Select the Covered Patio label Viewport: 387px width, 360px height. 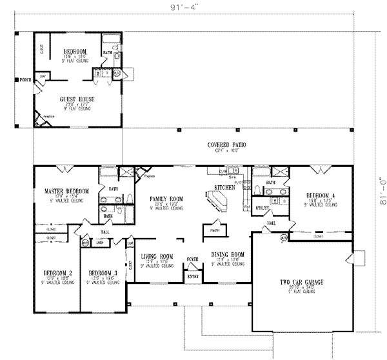(218, 145)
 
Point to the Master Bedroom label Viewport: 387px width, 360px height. (66, 192)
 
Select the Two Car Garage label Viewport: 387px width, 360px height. (297, 283)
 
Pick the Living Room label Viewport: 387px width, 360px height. (157, 256)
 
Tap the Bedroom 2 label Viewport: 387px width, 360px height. (57, 273)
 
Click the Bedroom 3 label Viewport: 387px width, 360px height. (102, 273)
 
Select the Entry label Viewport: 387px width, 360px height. (193, 275)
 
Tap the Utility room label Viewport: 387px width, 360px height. (263, 208)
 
